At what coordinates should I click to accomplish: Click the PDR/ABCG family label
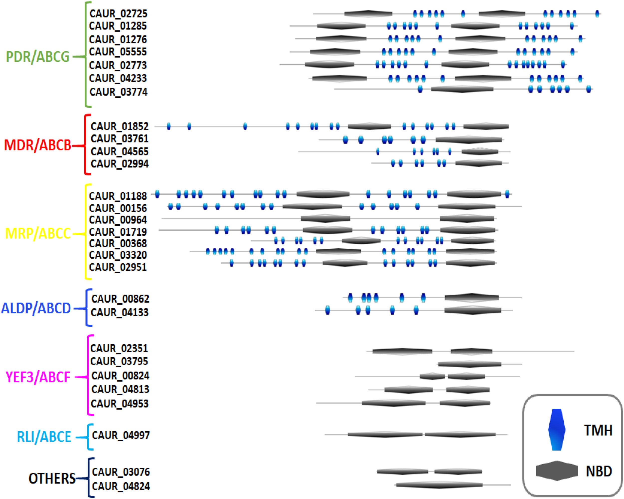pos(38,57)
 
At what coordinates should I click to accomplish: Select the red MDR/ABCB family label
pos(38,145)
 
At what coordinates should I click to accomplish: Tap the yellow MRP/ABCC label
pos(38,234)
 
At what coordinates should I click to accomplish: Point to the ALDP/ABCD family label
pos(36,308)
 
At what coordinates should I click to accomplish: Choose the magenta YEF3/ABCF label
pos(38,377)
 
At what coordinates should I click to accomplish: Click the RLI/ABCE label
pos(44,437)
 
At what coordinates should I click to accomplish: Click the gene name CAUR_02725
pos(118,14)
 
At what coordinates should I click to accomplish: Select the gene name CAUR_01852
pos(120,126)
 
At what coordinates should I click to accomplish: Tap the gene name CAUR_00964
pos(118,220)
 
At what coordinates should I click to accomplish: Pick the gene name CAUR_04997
pos(121,435)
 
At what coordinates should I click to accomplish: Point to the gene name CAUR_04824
pos(121,486)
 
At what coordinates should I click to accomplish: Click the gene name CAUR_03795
pos(119,361)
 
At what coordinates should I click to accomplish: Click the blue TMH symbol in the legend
pos(557,430)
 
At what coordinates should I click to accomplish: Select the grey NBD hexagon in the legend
pos(557,471)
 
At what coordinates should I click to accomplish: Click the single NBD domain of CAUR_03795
pos(469,364)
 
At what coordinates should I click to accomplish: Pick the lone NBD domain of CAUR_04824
pos(439,485)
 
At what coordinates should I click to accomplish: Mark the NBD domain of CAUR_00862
pos(471,298)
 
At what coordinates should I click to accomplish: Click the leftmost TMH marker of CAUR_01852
pos(169,126)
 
